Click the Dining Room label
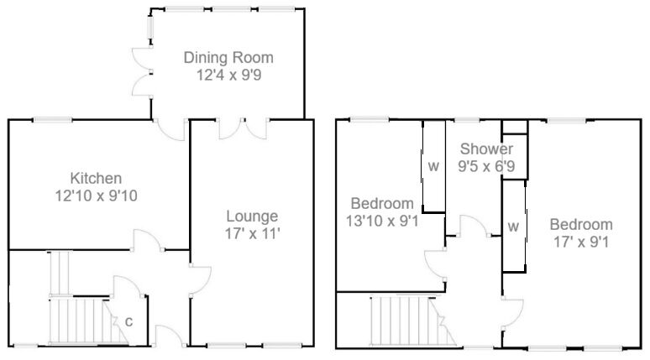pyautogui.click(x=229, y=58)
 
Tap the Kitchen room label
pyautogui.click(x=96, y=178)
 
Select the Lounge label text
pyautogui.click(x=251, y=216)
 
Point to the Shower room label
pyautogui.click(x=485, y=149)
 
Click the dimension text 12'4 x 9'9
pyautogui.click(x=229, y=75)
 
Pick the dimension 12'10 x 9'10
pyautogui.click(x=96, y=195)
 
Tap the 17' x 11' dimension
pyautogui.click(x=251, y=232)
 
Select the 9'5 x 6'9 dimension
pyautogui.click(x=485, y=166)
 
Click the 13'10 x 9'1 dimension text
pyautogui.click(x=382, y=221)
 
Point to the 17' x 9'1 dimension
pyautogui.click(x=581, y=242)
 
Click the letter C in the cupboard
pyautogui.click(x=128, y=321)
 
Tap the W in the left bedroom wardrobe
pyautogui.click(x=433, y=166)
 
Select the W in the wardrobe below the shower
pyautogui.click(x=513, y=227)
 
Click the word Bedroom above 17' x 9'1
pyautogui.click(x=581, y=225)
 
